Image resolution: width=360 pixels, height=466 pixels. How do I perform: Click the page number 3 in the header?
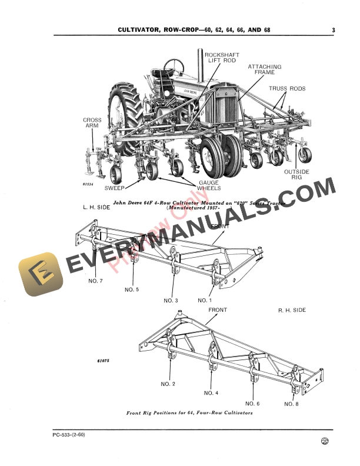[x=333, y=30]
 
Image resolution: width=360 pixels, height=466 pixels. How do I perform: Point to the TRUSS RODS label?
[x=288, y=89]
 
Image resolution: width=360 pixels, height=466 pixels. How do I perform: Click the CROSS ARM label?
[x=92, y=124]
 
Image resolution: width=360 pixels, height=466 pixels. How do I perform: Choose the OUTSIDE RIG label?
[x=296, y=175]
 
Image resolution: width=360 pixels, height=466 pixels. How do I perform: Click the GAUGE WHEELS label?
[x=209, y=185]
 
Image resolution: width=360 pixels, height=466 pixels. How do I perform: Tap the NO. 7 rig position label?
[x=95, y=281]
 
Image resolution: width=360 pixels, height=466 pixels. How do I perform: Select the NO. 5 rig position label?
[x=132, y=289]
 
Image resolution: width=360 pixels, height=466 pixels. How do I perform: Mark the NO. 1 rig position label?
[x=205, y=300]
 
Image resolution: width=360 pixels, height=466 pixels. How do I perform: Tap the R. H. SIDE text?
[x=292, y=310]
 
